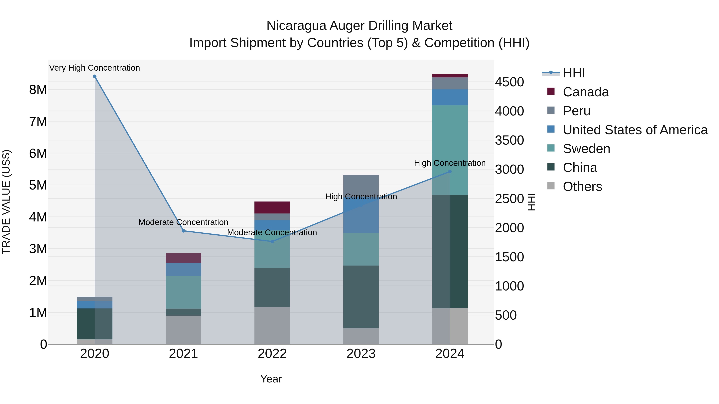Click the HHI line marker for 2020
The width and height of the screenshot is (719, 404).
95,76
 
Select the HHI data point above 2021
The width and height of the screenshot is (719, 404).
183,231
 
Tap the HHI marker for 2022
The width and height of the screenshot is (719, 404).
272,241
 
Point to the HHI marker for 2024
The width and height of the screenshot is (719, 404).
450,172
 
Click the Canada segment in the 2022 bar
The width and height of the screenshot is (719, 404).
272,207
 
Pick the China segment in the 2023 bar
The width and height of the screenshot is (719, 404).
361,297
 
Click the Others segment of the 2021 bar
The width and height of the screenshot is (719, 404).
183,330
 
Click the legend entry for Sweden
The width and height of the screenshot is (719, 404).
586,149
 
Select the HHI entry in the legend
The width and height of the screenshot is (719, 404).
574,73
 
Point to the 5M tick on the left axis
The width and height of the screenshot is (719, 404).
38,185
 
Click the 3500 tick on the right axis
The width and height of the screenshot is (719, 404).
509,140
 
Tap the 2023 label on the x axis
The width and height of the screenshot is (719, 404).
361,354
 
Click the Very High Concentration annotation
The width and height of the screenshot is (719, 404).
95,68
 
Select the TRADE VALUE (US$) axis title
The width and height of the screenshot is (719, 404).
6,202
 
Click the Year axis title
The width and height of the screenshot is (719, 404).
271,379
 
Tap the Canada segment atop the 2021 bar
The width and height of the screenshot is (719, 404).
183,258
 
